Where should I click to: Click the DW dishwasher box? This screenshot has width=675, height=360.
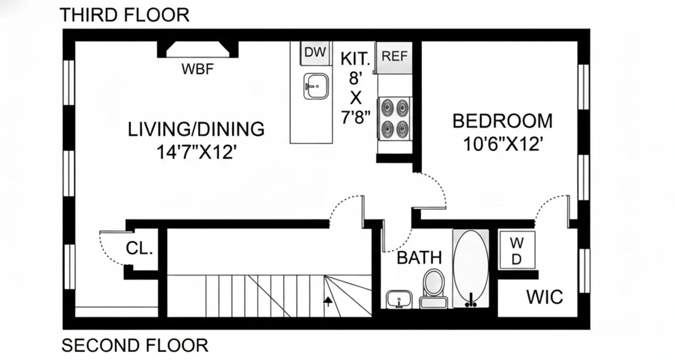coord(315,53)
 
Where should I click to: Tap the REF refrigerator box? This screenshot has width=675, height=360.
coord(394,57)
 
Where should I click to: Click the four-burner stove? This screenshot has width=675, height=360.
coord(395,118)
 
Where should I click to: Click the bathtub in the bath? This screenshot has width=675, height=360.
coord(470,268)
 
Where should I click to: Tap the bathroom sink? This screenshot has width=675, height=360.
coord(399,299)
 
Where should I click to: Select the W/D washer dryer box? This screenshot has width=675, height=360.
coord(517,251)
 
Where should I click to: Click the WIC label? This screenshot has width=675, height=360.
coord(544,297)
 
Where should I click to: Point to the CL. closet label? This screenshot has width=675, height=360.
coord(139,248)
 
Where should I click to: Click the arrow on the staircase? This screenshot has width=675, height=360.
coord(328,301)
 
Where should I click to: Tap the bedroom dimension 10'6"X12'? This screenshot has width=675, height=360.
coord(502,144)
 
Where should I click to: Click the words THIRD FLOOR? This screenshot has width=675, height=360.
coord(124,15)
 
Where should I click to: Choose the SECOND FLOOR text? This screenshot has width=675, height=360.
coord(135,346)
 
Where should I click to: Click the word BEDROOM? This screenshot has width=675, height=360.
coord(502,121)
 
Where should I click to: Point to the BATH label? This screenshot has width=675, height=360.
coord(419,258)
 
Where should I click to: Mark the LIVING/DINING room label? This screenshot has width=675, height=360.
coord(196,130)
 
